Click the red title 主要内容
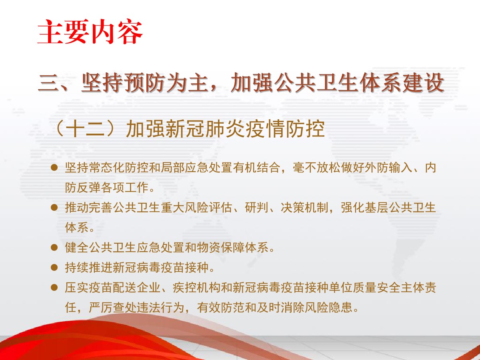90,32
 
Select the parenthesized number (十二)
88,129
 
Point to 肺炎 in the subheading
225,129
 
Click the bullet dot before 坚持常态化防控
54,168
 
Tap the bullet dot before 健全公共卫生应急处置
54,248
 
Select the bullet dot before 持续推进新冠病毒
54,267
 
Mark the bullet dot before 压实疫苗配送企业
54,287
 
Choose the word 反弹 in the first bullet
89,188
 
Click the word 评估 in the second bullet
221,208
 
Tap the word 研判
256,208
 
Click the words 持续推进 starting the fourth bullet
89,267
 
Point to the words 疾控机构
197,287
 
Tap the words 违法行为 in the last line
161,308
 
